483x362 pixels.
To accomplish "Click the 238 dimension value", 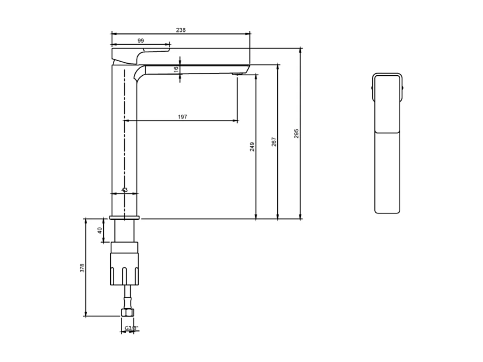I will point(181,30).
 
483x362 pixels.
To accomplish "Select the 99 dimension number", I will point(141,40).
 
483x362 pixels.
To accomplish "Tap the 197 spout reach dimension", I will point(182,117).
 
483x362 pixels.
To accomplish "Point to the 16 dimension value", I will point(176,70).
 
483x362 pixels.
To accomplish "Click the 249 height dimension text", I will point(252,147).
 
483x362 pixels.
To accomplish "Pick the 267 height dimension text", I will point(274,141).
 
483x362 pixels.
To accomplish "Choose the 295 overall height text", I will point(296,133).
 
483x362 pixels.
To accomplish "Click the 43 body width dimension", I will point(124,190).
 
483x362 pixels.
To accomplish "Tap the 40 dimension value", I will point(100,231).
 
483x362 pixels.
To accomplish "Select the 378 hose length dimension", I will point(82,268).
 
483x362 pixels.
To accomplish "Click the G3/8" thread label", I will point(132,328).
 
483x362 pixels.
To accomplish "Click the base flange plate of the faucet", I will point(125,217).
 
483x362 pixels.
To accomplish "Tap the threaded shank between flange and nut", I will point(125,231).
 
